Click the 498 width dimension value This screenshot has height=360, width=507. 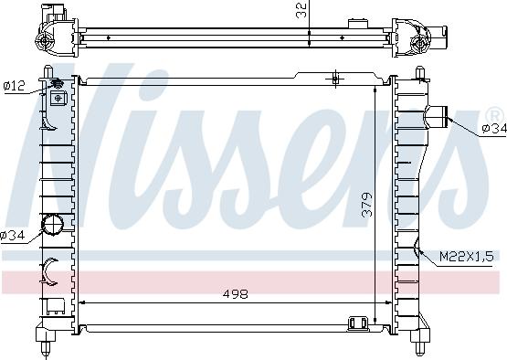[x=236, y=294]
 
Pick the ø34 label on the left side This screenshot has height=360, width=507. [x=12, y=236]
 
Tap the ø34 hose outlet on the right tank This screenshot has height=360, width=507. [x=438, y=115]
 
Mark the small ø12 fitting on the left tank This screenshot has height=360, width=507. [x=58, y=85]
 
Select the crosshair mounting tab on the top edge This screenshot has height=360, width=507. [x=335, y=79]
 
